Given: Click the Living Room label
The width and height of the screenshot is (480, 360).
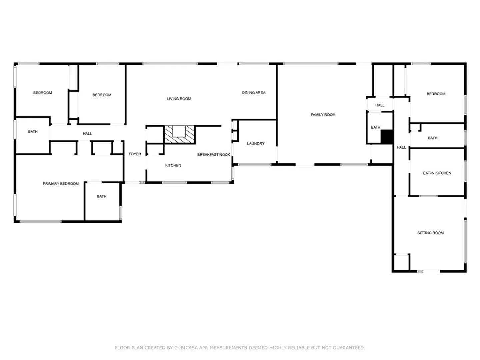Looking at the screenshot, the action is [x=179, y=99].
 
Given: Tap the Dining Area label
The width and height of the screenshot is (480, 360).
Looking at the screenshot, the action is [x=254, y=93].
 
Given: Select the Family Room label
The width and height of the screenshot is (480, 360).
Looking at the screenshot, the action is [x=323, y=115].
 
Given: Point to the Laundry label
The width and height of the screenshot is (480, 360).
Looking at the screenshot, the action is [x=256, y=144].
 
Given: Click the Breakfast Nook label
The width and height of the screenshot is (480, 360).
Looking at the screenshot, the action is [x=214, y=155].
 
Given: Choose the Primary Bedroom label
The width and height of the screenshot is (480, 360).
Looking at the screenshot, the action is [x=61, y=184].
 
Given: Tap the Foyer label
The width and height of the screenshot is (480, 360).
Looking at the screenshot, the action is [x=135, y=154].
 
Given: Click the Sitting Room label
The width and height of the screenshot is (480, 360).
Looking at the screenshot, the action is [x=430, y=233].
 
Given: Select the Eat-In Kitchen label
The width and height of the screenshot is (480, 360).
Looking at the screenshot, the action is [x=437, y=173].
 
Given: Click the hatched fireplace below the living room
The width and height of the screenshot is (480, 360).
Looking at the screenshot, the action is [x=179, y=134].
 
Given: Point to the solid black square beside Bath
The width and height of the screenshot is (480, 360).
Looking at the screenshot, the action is [x=387, y=137].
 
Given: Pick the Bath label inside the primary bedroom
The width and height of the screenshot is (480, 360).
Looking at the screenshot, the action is [x=102, y=197].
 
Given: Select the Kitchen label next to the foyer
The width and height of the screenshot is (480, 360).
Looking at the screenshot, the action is [x=173, y=165].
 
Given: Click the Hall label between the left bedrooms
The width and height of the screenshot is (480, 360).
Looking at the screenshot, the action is [x=87, y=134].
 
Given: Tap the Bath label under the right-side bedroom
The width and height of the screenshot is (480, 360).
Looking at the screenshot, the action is [x=433, y=138].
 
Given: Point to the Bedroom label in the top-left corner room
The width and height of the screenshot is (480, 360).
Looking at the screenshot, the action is [x=43, y=93].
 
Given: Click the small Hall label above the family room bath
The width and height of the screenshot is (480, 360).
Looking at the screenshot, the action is [x=380, y=105].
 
